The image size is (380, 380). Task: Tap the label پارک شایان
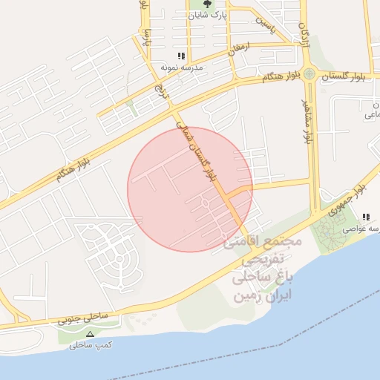(207, 14)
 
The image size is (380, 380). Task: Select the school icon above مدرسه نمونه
(181, 56)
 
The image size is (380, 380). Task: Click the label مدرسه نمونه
(181, 67)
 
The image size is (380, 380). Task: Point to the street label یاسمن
(265, 22)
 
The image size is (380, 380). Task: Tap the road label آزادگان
(303, 33)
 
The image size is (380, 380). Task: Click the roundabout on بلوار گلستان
(310, 73)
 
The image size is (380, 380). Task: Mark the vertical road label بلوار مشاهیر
(304, 119)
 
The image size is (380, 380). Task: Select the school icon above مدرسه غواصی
(366, 217)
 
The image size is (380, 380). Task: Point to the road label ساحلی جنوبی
(83, 318)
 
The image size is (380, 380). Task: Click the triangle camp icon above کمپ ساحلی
(91, 335)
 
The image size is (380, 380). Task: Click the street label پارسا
(147, 36)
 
